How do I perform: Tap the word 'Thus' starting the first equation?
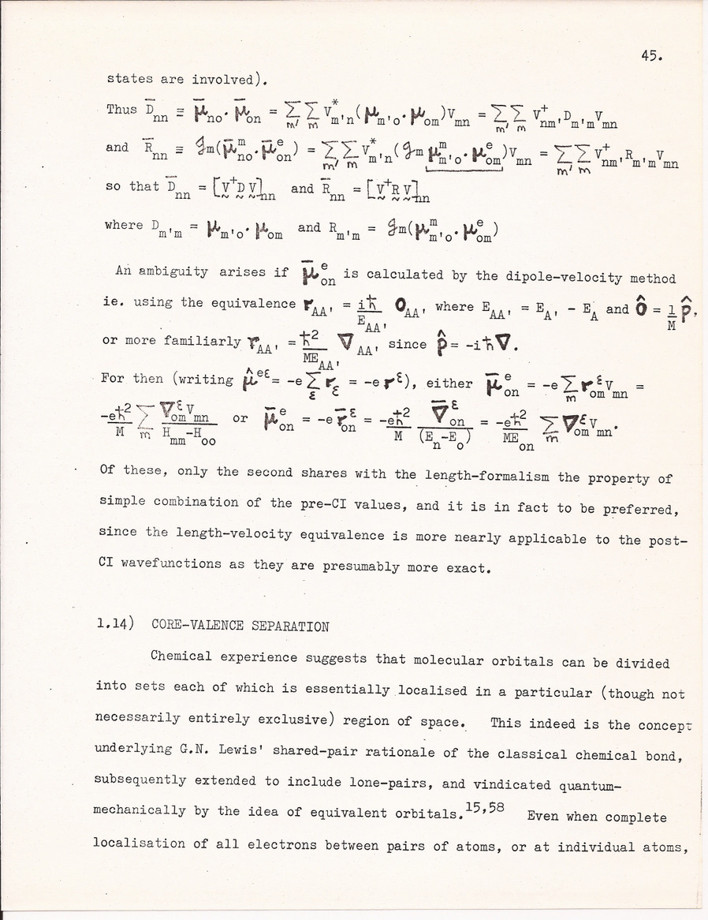[x=121, y=110]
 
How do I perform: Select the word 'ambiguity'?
[x=184, y=271]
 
